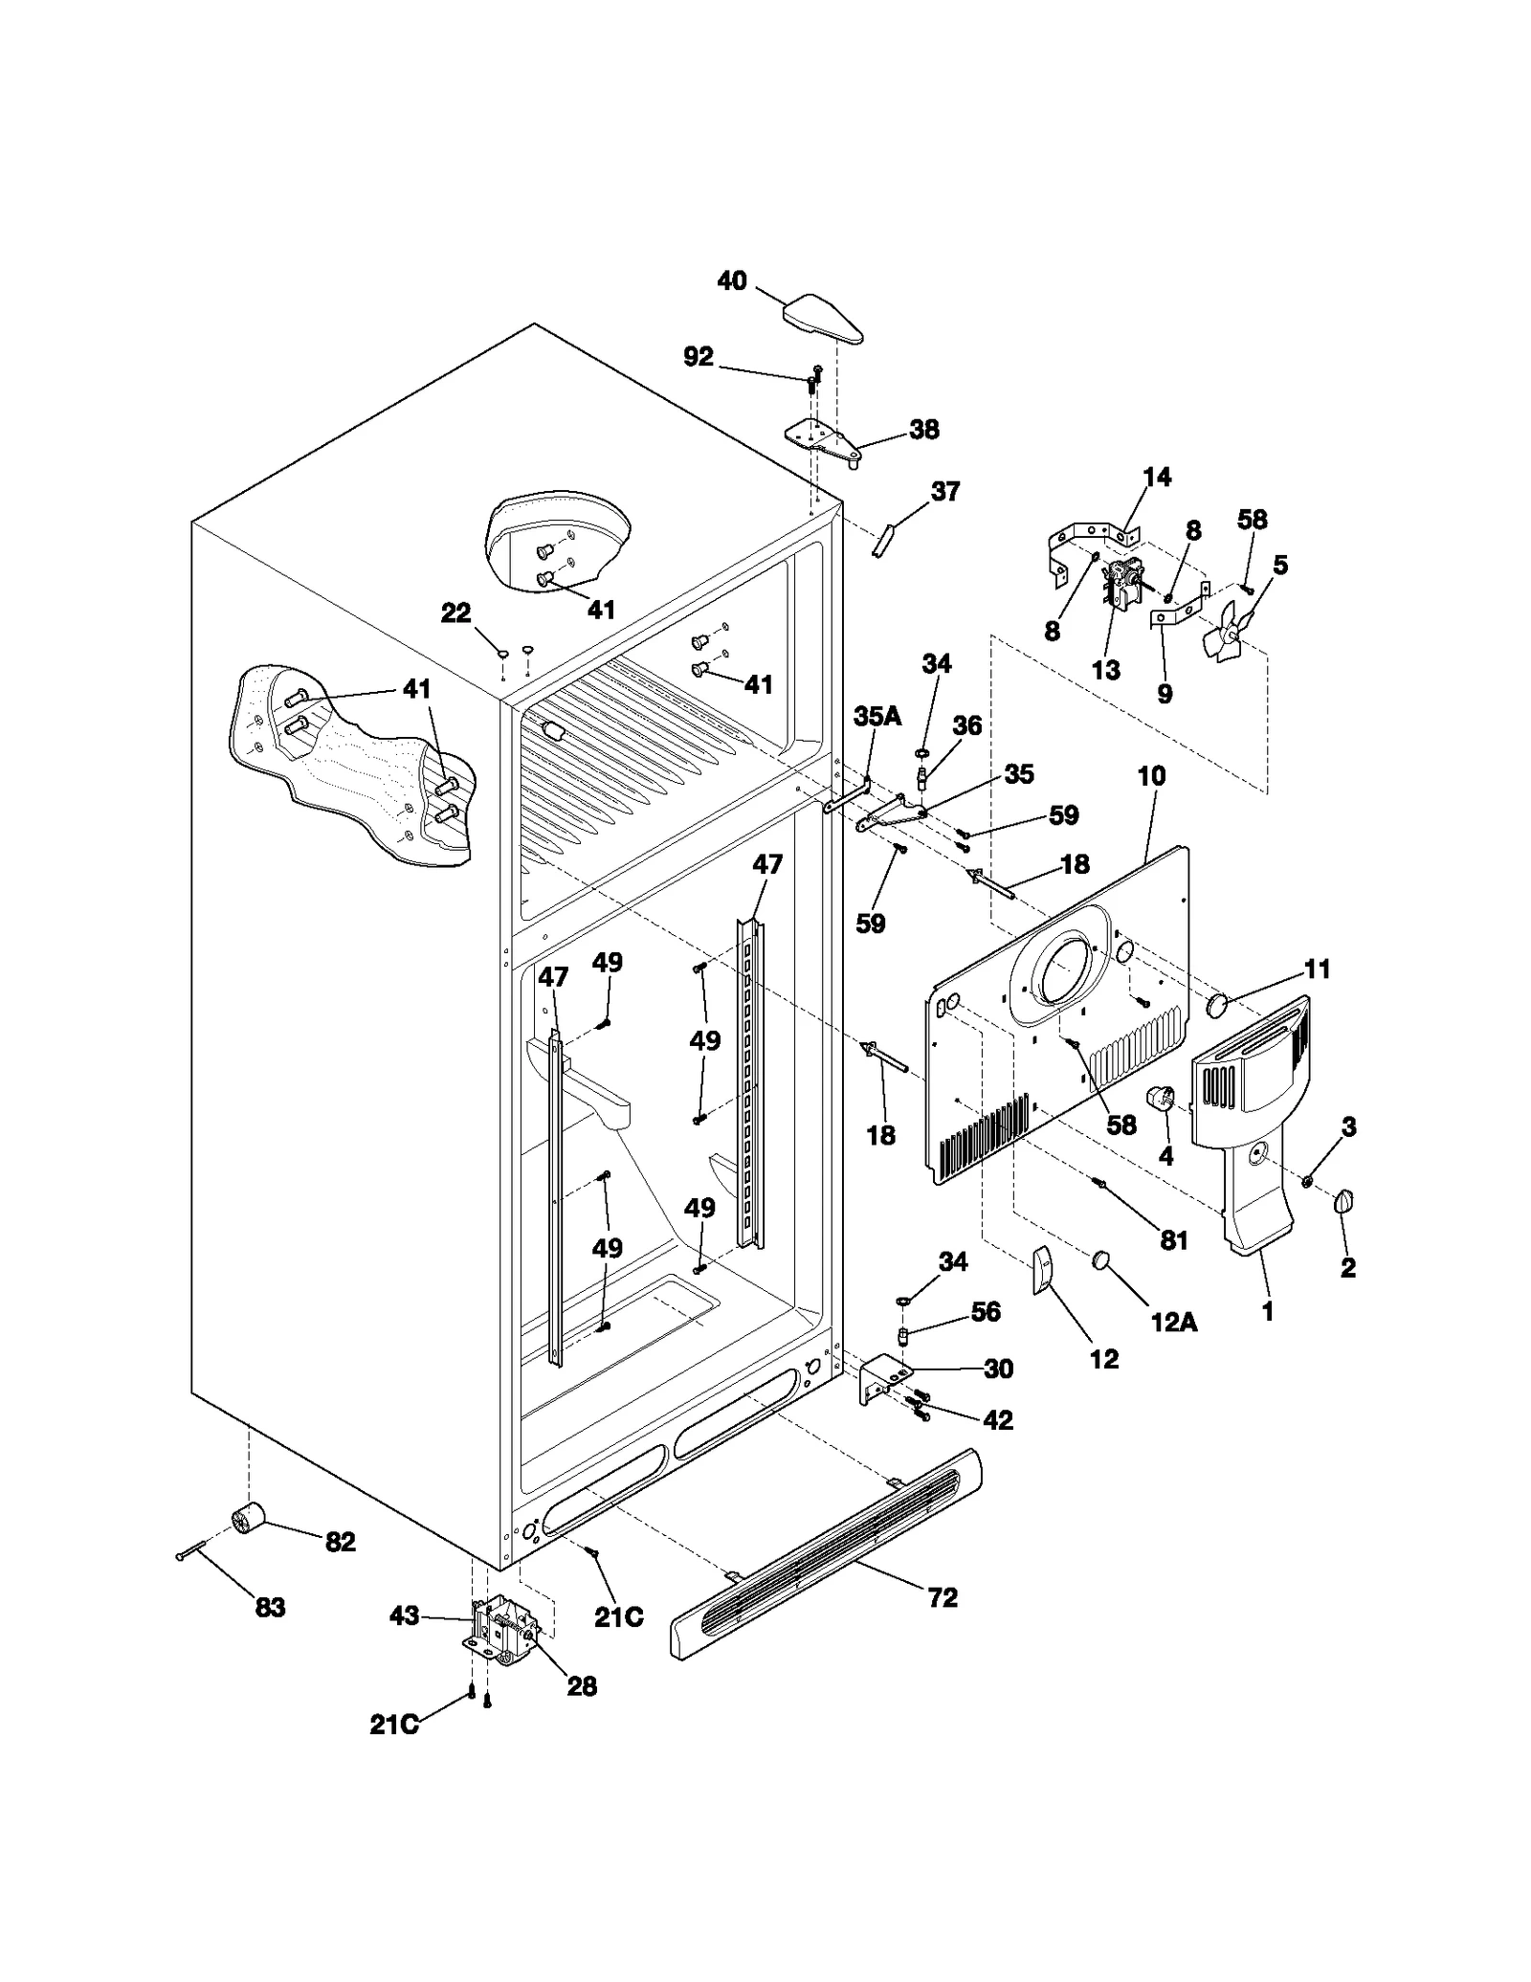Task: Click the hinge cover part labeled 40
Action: coord(824,320)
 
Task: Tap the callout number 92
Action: coord(699,357)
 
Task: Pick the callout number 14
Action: coord(1157,477)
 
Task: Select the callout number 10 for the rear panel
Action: coord(1151,776)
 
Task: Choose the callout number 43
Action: coord(405,1616)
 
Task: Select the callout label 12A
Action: coord(1173,1322)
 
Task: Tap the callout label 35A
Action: coord(877,717)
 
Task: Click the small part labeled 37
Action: coord(882,539)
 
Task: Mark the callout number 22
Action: coord(455,612)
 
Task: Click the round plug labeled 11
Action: coord(1217,1005)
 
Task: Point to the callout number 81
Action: coord(1174,1240)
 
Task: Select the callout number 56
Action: coord(986,1312)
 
